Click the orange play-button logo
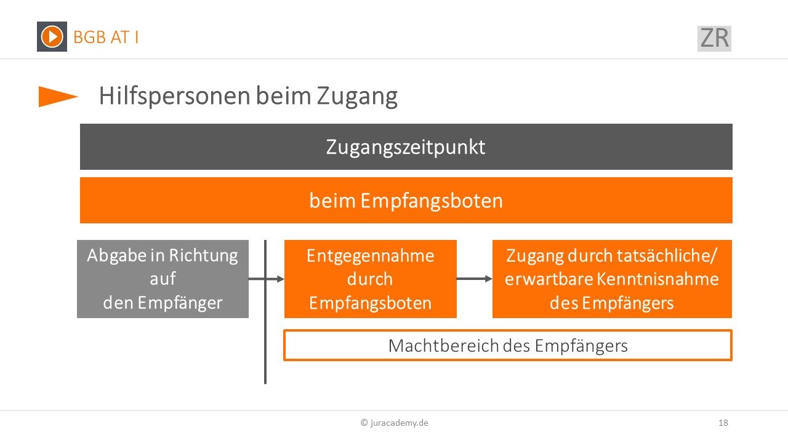pos(52,36)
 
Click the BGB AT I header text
pos(106,38)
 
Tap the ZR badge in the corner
pos(714,38)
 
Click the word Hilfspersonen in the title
pos(175,96)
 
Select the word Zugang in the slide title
pos(357,97)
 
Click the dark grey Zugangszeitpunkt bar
pos(406,146)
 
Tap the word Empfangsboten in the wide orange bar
pos(432,201)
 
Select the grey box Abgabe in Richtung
pos(163,279)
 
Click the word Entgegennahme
pos(370,256)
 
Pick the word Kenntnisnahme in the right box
pos(657,279)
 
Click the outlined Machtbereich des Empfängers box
pos(508,345)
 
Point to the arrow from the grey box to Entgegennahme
pos(267,279)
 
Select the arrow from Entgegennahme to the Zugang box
pos(474,279)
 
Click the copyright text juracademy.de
pos(395,423)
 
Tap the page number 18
pos(723,423)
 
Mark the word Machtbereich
pos(444,345)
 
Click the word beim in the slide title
pos(284,95)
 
